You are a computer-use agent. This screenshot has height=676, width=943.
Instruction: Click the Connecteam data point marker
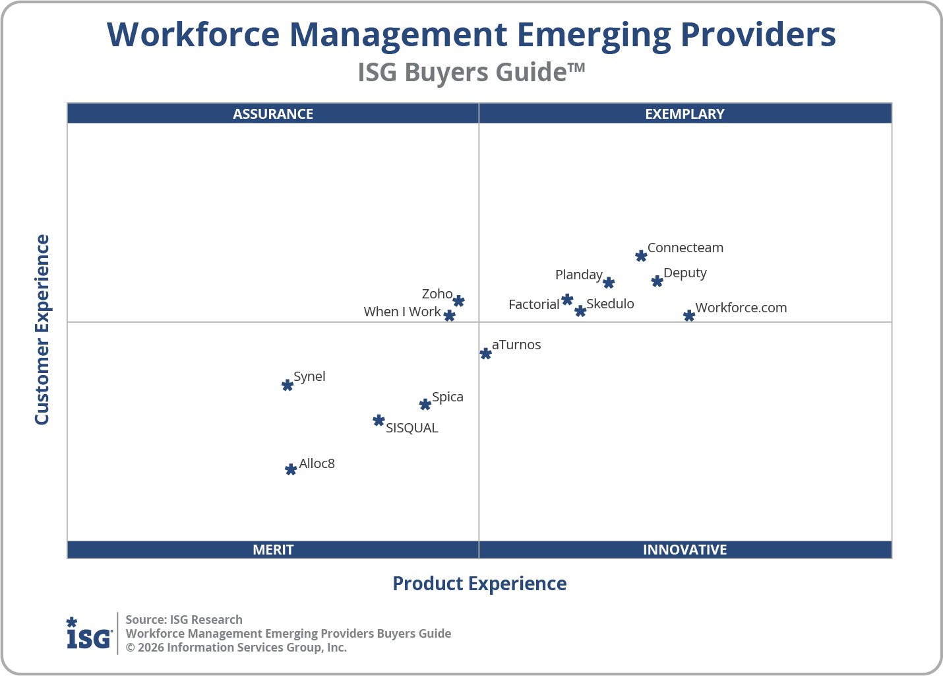click(641, 255)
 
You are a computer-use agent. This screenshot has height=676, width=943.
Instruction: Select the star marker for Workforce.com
click(689, 316)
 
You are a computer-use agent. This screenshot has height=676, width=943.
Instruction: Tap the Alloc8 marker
click(291, 469)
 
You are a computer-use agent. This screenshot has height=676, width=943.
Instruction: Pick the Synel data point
click(288, 385)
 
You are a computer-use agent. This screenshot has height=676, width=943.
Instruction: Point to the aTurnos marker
click(486, 353)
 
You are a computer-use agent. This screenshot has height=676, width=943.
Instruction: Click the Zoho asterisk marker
click(459, 301)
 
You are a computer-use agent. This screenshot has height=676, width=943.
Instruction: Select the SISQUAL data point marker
click(379, 421)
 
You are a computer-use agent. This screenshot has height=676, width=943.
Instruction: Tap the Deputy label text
click(684, 273)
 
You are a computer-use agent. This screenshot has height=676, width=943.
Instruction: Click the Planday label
click(578, 275)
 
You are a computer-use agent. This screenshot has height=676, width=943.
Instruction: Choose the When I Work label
click(402, 312)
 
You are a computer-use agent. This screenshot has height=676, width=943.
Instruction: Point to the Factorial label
click(533, 304)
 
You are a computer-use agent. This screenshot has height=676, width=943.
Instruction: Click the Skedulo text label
click(610, 304)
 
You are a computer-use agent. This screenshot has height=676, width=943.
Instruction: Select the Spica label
click(447, 397)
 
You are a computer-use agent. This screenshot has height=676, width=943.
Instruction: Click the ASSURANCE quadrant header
click(273, 114)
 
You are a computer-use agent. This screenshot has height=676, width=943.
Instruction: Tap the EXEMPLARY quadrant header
click(684, 114)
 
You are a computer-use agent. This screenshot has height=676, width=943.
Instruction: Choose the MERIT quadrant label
click(273, 549)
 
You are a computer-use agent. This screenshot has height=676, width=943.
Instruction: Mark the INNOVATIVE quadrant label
click(684, 549)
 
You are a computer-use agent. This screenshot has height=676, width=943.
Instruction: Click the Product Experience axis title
click(479, 584)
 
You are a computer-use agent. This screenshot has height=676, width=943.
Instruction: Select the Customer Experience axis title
click(42, 330)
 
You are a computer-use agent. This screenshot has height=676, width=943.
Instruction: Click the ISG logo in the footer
click(89, 634)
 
